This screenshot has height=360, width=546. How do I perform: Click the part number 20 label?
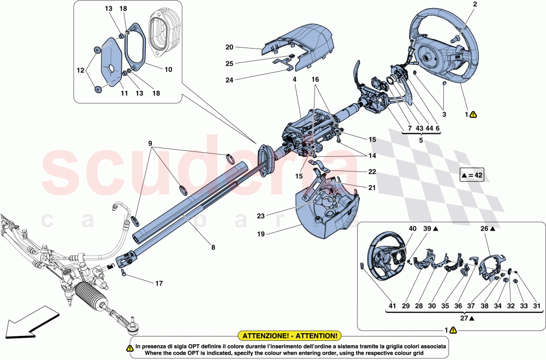229,47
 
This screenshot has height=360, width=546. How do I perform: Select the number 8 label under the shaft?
213,247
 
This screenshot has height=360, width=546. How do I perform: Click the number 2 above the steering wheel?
474,4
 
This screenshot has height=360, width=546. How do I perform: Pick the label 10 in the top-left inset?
168,69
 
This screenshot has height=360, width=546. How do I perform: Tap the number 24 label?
229,80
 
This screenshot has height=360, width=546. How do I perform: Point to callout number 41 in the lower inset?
363,305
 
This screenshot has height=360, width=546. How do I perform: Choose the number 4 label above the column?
294,80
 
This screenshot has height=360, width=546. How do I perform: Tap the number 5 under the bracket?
421,139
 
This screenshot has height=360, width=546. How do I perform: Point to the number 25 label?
229,63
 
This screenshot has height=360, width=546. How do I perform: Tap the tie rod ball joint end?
132,327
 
